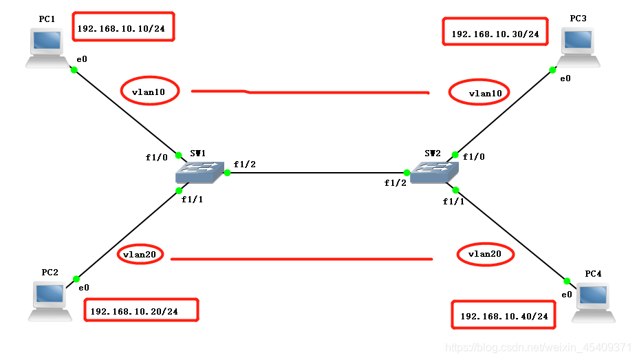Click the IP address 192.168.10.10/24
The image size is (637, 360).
(x=124, y=28)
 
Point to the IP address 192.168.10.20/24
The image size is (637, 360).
(x=141, y=310)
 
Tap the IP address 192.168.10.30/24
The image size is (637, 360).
(x=495, y=32)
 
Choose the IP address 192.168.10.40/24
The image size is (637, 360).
(x=504, y=315)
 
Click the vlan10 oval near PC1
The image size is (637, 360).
(x=149, y=90)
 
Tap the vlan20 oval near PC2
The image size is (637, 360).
(x=140, y=254)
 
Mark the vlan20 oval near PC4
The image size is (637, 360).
(x=486, y=254)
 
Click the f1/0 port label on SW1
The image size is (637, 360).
(x=156, y=157)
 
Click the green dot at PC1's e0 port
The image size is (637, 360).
(x=73, y=68)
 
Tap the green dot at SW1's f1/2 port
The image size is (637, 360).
(x=227, y=173)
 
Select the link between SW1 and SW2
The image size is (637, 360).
(x=316, y=173)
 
